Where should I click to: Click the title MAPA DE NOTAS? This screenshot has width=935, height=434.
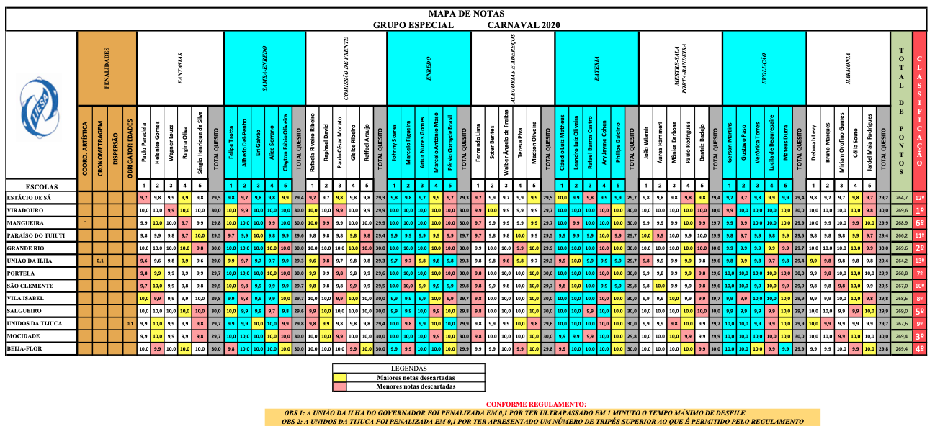tap(467, 14)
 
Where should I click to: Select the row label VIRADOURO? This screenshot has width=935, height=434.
tap(26, 210)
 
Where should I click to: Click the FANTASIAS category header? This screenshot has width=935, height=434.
tap(179, 68)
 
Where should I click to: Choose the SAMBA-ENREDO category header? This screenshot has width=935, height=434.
tap(264, 68)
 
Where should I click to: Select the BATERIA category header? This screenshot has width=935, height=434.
tap(597, 68)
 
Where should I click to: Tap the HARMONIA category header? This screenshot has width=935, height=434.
tap(849, 68)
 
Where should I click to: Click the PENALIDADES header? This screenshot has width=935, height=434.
tap(107, 68)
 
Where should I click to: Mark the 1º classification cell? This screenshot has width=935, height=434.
tap(920, 210)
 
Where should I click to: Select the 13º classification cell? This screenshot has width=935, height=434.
tap(920, 261)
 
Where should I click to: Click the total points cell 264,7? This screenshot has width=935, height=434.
tap(901, 197)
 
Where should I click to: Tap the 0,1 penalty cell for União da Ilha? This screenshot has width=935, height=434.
tap(100, 261)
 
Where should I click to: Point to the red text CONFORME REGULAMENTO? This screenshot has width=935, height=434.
tap(536, 404)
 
